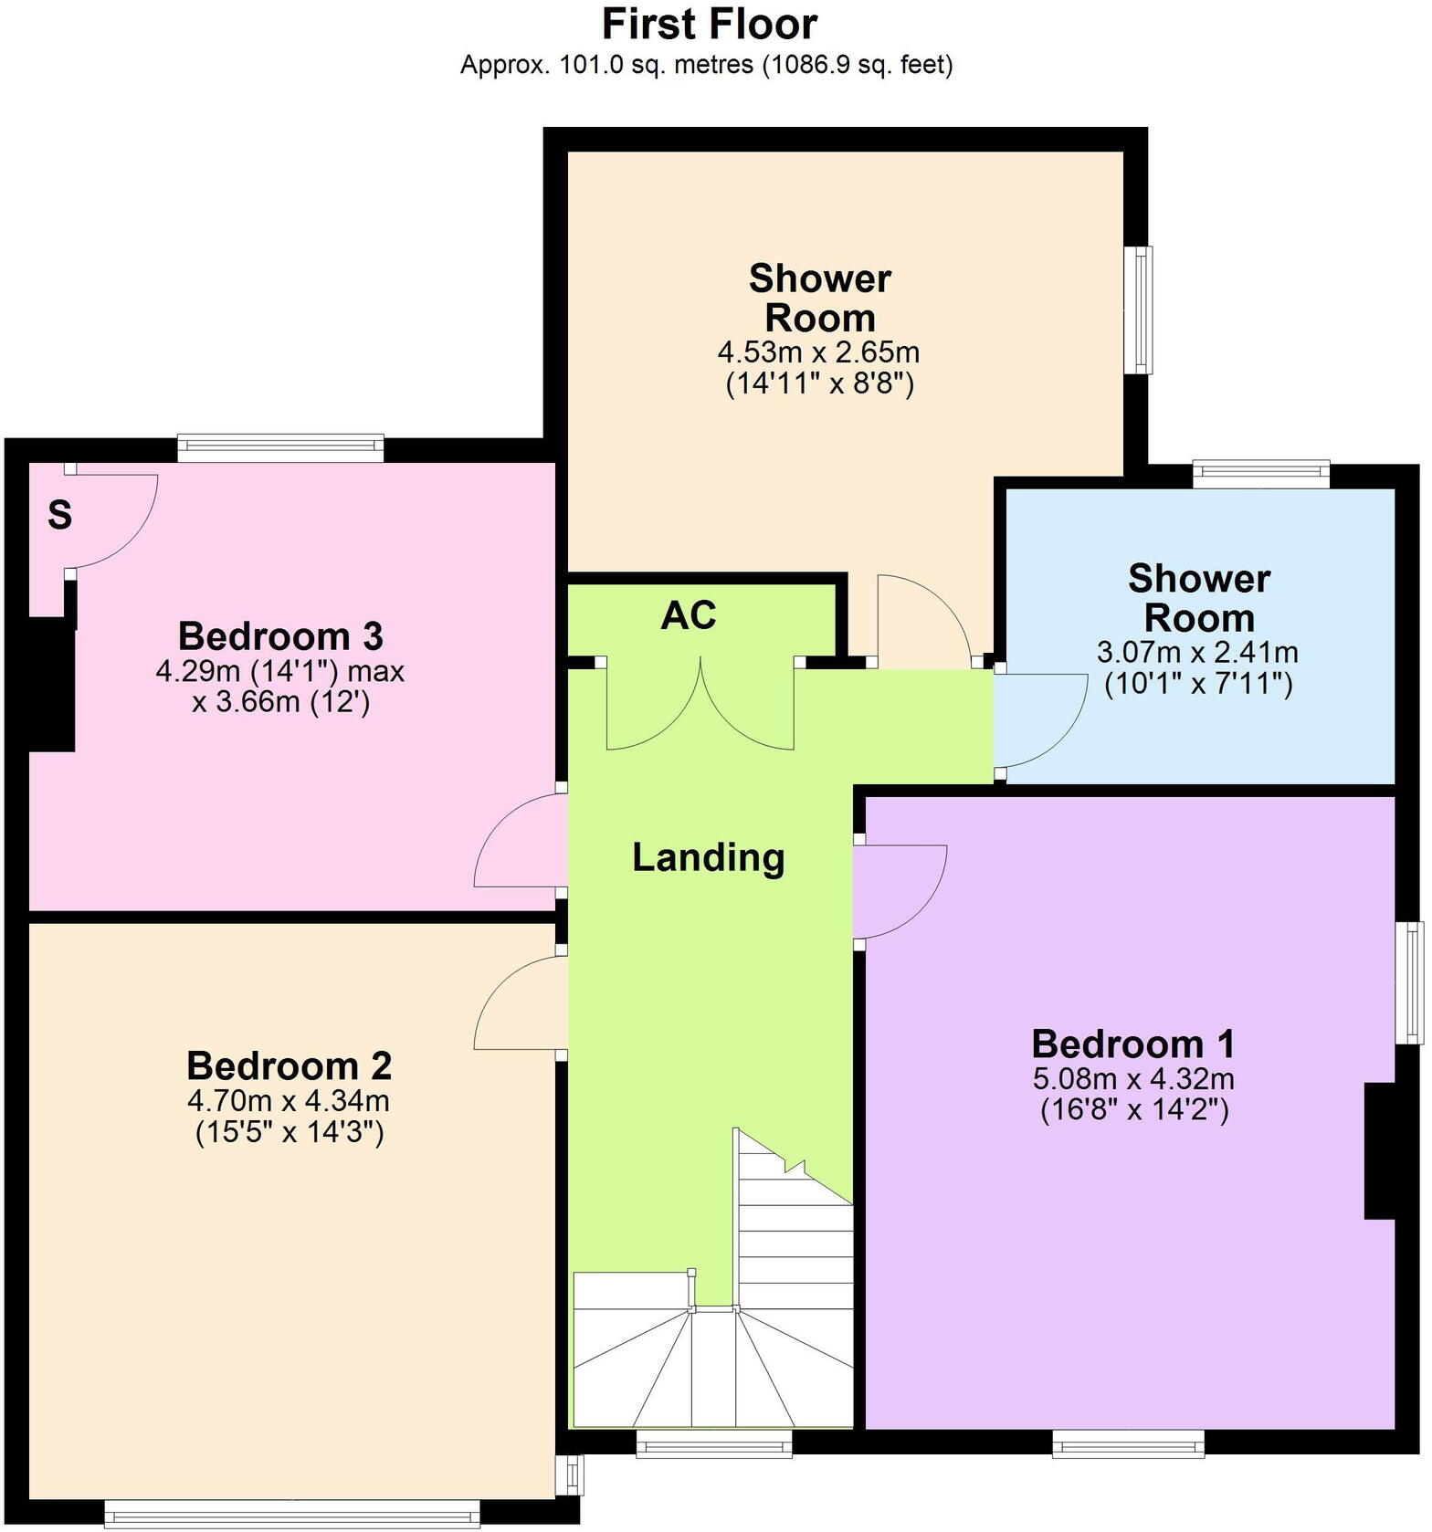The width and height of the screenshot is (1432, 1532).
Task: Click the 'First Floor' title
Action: tap(709, 24)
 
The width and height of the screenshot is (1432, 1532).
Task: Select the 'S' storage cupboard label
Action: tap(59, 516)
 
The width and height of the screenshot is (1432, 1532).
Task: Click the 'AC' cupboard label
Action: tap(689, 616)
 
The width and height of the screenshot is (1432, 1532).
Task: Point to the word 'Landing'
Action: tap(709, 858)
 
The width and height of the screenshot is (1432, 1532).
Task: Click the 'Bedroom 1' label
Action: tap(1133, 1044)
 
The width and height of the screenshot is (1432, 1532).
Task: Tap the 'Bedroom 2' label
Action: tap(289, 1065)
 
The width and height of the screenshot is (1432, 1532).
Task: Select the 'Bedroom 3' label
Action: tap(279, 635)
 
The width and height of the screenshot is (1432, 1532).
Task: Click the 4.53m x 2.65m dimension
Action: tap(818, 352)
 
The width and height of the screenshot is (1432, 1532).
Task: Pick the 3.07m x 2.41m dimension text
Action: tap(1197, 652)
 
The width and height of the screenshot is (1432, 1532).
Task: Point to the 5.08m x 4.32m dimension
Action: tap(1133, 1078)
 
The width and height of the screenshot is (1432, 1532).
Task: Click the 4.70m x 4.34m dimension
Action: tap(289, 1099)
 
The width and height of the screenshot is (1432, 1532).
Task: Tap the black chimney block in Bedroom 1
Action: tap(1379, 1150)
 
